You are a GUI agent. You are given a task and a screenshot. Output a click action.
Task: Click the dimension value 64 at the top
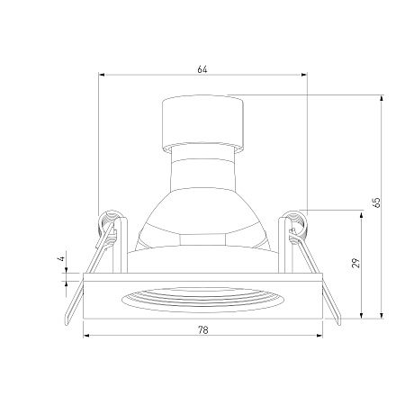point(202,69)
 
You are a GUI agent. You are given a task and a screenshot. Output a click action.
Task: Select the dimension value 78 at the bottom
point(203,330)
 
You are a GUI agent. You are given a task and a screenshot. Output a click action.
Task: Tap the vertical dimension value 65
point(376,202)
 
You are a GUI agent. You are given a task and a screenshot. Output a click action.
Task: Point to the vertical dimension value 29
point(355,263)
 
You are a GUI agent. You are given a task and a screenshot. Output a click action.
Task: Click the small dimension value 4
point(61,258)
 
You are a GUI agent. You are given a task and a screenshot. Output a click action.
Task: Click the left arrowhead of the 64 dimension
point(102,75)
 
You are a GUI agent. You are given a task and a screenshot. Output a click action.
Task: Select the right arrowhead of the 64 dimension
point(304,75)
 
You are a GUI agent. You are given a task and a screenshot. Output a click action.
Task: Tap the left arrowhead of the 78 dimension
point(86,335)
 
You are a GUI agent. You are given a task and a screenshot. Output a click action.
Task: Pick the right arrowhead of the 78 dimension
point(319,335)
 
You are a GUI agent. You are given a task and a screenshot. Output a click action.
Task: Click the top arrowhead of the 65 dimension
point(382,98)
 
